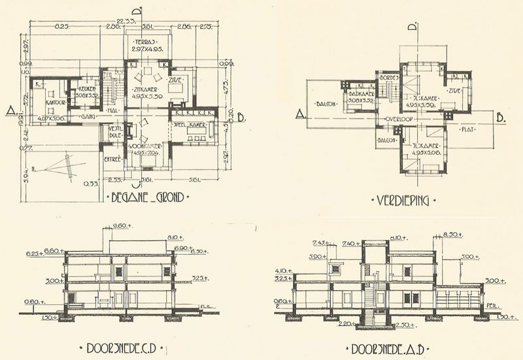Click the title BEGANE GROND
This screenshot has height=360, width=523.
pos(146,197)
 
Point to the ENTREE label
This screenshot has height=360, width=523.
pos(114,159)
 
